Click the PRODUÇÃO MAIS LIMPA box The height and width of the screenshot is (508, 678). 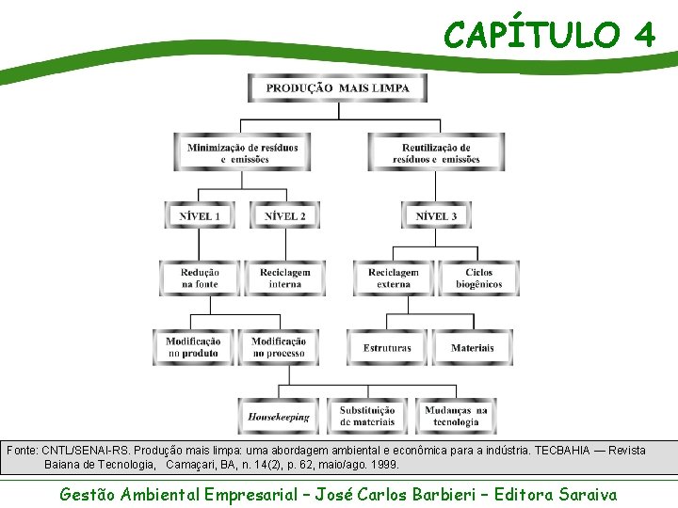(x=337, y=87)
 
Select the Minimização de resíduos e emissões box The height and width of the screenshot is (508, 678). (x=243, y=152)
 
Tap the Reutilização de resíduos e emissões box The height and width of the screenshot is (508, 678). (x=436, y=152)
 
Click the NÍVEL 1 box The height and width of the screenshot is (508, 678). (x=200, y=215)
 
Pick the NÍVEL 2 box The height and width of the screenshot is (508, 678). (x=284, y=215)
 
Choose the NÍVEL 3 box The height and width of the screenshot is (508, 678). (x=436, y=215)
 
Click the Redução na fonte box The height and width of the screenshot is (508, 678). (x=200, y=278)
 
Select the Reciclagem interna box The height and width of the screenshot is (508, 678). (x=284, y=278)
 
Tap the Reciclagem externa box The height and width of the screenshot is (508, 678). (x=394, y=278)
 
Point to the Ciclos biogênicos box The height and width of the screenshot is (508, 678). (x=478, y=278)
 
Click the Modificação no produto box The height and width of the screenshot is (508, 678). (x=194, y=347)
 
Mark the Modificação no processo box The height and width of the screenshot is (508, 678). (x=279, y=347)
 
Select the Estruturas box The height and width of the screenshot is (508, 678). (x=387, y=347)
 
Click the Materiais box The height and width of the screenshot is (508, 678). (x=472, y=347)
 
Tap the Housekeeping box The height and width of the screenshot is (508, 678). (x=279, y=416)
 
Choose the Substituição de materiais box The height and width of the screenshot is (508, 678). (x=367, y=416)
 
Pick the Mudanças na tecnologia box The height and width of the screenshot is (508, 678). (x=456, y=416)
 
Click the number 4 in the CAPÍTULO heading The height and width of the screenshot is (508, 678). (x=644, y=35)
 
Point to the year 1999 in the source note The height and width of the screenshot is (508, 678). (x=382, y=465)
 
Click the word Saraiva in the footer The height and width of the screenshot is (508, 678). (x=588, y=494)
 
